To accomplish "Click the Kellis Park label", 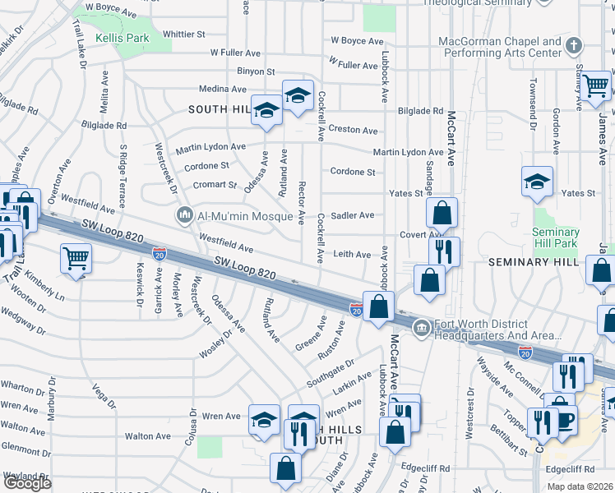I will pos(122,38).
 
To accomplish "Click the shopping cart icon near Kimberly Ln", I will pos(76,260).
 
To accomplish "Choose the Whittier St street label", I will pos(184,35).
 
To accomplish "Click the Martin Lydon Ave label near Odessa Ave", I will pos(210,146).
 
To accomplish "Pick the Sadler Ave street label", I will pos(352,215).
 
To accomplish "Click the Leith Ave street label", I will pos(351,255).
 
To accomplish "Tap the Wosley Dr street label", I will pos(217,344).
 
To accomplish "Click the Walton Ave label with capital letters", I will pos(147,436).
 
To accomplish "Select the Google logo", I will pos(27,483).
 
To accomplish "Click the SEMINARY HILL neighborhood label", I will pos(529,261).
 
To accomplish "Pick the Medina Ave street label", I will pos(222,89).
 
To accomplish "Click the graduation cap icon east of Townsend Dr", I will pos(537,182).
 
